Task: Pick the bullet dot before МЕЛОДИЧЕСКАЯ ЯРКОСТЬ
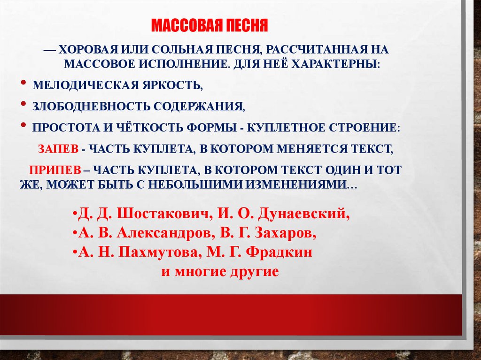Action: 23,83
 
